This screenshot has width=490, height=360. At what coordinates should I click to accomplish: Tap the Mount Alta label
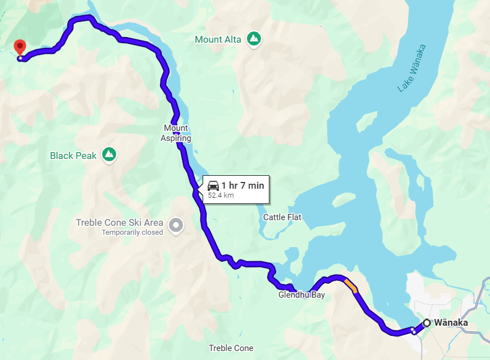pos(218,39)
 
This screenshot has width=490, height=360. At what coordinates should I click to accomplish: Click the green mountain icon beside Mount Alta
pos(254,39)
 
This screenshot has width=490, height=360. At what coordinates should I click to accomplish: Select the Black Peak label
pos(73,156)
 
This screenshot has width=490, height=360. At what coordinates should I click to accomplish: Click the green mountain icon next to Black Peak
pos(109,154)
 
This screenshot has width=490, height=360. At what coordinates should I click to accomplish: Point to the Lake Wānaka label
pos(411,69)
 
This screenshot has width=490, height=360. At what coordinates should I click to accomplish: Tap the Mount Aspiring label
pos(177,133)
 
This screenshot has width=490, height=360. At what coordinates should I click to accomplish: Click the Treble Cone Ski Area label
pos(120,222)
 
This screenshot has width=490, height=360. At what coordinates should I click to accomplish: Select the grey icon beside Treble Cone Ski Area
pos(176,226)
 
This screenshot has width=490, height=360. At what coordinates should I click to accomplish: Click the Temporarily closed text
pos(132,233)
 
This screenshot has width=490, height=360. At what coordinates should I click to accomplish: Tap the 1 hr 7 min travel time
pos(242,185)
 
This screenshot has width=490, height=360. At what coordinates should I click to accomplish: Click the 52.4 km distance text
pos(221,195)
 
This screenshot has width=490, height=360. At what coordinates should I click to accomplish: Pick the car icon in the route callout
pos(213,186)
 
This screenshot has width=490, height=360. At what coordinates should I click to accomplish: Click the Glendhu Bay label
pos(301,295)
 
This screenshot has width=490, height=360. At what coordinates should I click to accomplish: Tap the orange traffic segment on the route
pos(351,286)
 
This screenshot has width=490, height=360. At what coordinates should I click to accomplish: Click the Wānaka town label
pos(451,323)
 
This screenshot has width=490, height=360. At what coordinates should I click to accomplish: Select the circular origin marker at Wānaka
pos(427,323)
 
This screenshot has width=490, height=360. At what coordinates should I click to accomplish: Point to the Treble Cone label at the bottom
pos(231,348)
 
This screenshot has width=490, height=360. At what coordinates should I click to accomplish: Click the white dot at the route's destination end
pos(20,58)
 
